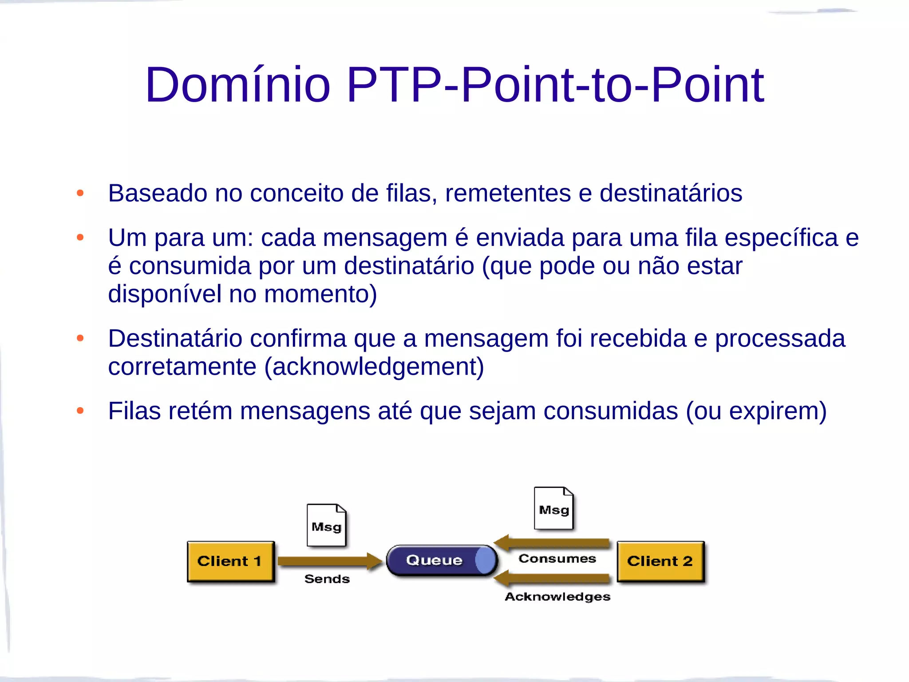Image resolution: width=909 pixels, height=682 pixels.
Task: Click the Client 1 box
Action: click(230, 561)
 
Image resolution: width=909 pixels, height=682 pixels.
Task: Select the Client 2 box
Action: click(660, 561)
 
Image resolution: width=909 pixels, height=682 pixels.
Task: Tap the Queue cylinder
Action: click(441, 560)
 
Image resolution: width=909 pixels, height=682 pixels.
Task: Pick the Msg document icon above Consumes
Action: click(553, 508)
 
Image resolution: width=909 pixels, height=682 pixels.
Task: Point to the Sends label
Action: click(327, 579)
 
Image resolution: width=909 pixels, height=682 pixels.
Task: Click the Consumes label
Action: click(557, 559)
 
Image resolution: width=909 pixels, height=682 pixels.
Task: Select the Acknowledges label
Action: click(557, 597)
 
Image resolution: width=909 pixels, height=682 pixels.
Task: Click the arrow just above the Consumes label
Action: click(553, 543)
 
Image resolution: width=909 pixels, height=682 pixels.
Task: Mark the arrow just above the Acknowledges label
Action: click(553, 579)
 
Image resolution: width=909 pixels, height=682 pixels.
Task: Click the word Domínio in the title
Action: click(238, 85)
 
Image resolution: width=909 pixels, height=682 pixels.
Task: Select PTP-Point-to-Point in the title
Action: click(555, 85)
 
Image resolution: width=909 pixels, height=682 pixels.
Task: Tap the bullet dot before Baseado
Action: click(80, 193)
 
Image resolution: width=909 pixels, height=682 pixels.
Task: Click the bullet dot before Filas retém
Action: click(80, 411)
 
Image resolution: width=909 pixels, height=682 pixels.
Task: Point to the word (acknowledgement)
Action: click(374, 367)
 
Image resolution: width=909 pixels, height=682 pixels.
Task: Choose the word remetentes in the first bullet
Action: click(508, 193)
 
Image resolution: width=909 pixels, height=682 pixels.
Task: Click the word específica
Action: click(781, 238)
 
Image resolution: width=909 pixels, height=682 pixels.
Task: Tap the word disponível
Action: click(165, 294)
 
